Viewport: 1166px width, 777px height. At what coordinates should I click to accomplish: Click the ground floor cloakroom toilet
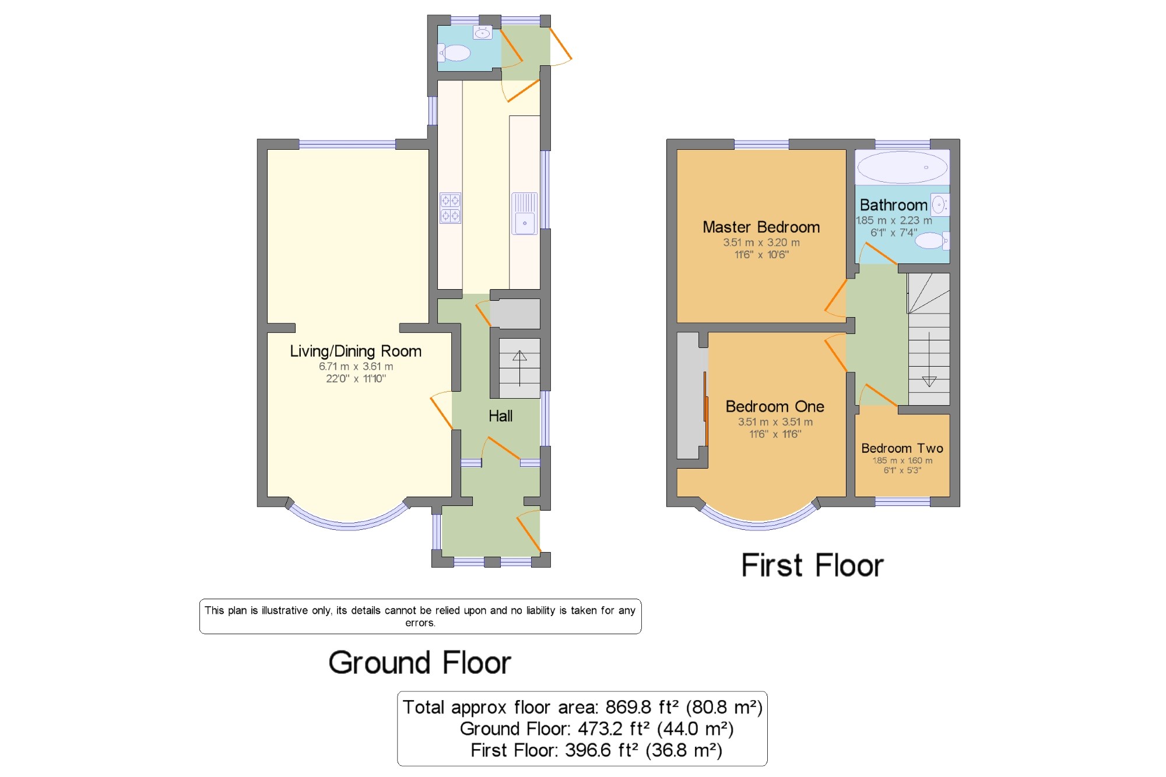coord(454,53)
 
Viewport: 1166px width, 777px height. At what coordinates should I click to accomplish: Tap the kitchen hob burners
coord(450,208)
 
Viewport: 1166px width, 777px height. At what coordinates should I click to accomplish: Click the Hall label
coord(500,416)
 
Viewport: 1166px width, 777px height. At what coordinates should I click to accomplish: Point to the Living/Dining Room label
coord(356,351)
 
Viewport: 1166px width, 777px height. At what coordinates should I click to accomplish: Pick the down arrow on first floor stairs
coord(929,382)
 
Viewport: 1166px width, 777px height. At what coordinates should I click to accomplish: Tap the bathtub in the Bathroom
coord(902,167)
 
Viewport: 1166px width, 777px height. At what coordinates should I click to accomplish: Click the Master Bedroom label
coord(761,227)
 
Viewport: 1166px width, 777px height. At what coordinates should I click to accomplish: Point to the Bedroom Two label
coord(902,448)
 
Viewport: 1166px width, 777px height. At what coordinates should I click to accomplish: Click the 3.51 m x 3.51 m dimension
coord(775,421)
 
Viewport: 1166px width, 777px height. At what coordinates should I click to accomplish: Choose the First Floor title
coord(812,565)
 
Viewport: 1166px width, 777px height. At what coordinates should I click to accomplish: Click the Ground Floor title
coord(419,662)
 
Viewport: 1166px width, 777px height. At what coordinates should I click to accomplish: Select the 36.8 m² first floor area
coord(684,750)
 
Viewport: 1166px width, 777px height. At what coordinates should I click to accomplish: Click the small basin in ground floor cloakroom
coord(483,33)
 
